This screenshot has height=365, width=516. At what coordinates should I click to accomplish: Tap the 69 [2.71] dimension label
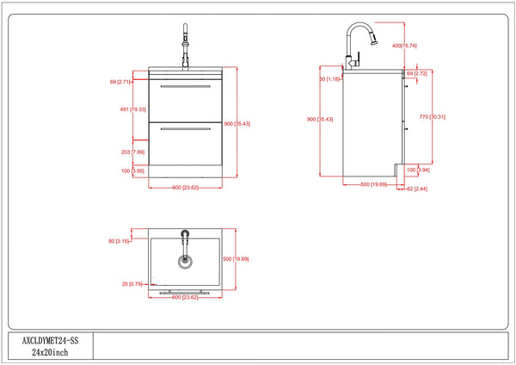(x=119, y=82)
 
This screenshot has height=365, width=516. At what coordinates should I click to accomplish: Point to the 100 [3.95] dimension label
(x=120, y=171)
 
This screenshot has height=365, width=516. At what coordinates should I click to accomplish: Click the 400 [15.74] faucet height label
(x=403, y=45)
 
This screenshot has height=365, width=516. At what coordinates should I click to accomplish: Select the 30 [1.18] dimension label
(x=330, y=79)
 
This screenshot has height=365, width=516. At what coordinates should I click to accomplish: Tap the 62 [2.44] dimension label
(x=416, y=188)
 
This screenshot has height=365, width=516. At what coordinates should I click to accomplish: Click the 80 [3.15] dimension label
(x=119, y=241)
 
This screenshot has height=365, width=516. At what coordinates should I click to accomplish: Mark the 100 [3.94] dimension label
(x=417, y=170)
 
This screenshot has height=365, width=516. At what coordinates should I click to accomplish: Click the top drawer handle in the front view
(x=185, y=88)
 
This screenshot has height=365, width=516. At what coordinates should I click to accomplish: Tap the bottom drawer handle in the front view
(x=185, y=129)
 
